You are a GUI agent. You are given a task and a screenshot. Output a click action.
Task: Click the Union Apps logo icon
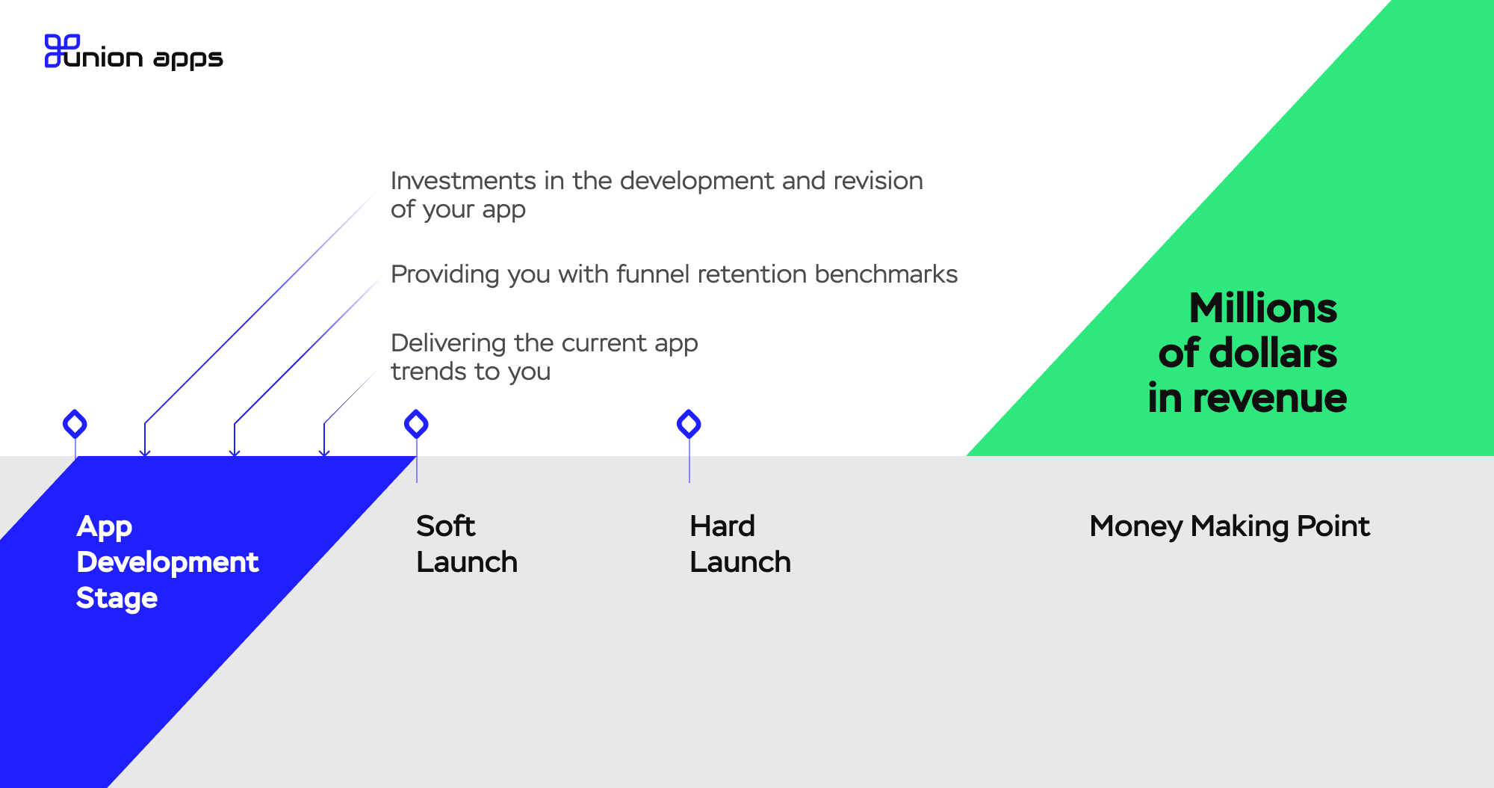[62, 51]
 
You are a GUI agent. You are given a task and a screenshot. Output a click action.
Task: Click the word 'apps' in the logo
[188, 59]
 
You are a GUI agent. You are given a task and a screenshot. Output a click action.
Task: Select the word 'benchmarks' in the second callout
[886, 274]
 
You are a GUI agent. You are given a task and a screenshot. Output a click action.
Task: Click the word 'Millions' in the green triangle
[1262, 308]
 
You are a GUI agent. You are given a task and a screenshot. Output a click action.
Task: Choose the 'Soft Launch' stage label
[467, 544]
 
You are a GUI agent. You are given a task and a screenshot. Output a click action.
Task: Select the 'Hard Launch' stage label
[740, 544]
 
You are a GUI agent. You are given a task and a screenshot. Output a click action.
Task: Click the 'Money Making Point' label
[1230, 526]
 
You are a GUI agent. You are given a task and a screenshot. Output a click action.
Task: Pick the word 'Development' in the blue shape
[167, 562]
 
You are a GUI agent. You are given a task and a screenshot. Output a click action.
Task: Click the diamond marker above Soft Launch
[416, 424]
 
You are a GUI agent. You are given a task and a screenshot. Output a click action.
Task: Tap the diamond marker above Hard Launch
[689, 424]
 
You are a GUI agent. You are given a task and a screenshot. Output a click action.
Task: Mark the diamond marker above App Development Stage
[75, 424]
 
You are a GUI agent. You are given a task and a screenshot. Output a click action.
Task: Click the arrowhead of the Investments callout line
[145, 452]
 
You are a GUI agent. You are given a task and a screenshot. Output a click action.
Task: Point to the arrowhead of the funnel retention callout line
[235, 452]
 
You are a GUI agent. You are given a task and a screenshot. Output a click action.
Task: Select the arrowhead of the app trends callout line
[324, 452]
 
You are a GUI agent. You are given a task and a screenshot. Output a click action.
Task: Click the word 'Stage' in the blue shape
[117, 599]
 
